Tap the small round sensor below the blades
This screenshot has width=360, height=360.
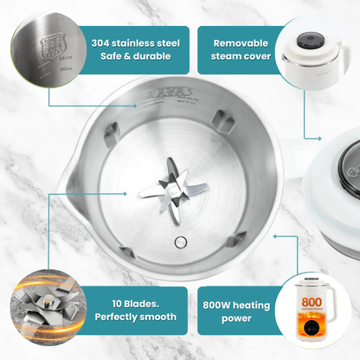pos(179,241)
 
